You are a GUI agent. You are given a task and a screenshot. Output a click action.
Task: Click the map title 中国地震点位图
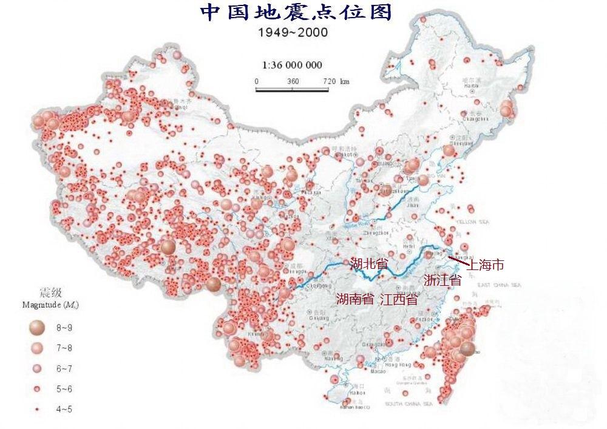296,13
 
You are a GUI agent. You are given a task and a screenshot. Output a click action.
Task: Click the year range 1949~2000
293,33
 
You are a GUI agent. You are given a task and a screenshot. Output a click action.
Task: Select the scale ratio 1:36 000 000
292,65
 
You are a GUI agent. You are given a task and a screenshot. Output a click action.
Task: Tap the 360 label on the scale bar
293,81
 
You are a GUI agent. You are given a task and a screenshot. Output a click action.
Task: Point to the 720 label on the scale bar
328,81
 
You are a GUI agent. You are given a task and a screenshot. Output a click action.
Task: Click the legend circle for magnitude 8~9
36,328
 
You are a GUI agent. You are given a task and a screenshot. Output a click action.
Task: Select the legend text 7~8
64,348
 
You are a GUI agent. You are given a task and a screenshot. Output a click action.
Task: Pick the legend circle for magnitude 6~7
36,368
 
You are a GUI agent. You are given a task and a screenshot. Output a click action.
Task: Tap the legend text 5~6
64,389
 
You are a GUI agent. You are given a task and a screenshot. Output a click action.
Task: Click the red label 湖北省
369,265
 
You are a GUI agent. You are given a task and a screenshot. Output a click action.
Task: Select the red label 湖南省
355,299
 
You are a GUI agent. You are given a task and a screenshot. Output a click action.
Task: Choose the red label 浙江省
443,280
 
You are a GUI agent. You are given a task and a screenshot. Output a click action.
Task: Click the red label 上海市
487,265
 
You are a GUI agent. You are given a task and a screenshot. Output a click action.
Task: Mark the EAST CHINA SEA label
499,285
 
